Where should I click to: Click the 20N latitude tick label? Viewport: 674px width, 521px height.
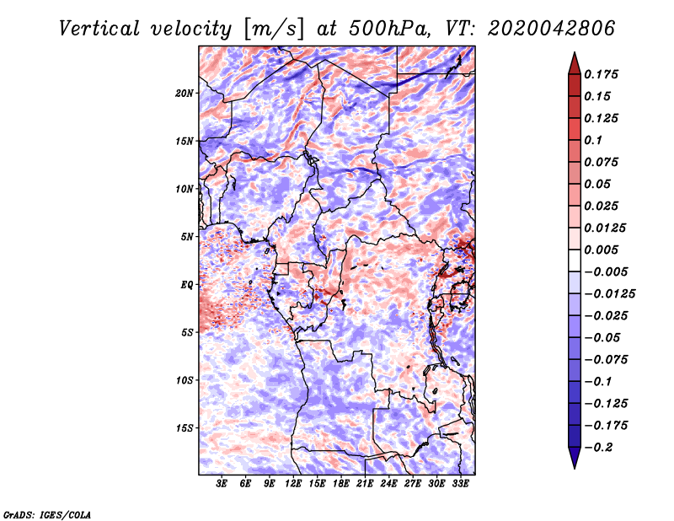[x=185, y=93]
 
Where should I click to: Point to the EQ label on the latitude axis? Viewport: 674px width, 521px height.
[x=187, y=285]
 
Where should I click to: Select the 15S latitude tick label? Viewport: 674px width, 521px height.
[x=185, y=428]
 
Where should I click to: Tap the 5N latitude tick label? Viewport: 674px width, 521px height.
[x=187, y=237]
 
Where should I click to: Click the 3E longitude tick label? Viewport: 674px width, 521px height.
[x=222, y=484]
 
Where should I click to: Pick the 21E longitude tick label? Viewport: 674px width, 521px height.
[x=365, y=484]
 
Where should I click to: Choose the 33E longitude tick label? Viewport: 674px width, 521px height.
[x=460, y=484]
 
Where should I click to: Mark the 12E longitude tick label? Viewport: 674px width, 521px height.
[x=293, y=484]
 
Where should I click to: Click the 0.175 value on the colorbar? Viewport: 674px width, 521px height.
[x=602, y=74]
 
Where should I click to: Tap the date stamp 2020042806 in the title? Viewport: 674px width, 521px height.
[x=546, y=29]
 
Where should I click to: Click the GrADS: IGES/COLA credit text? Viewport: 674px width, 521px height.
[x=46, y=513]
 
